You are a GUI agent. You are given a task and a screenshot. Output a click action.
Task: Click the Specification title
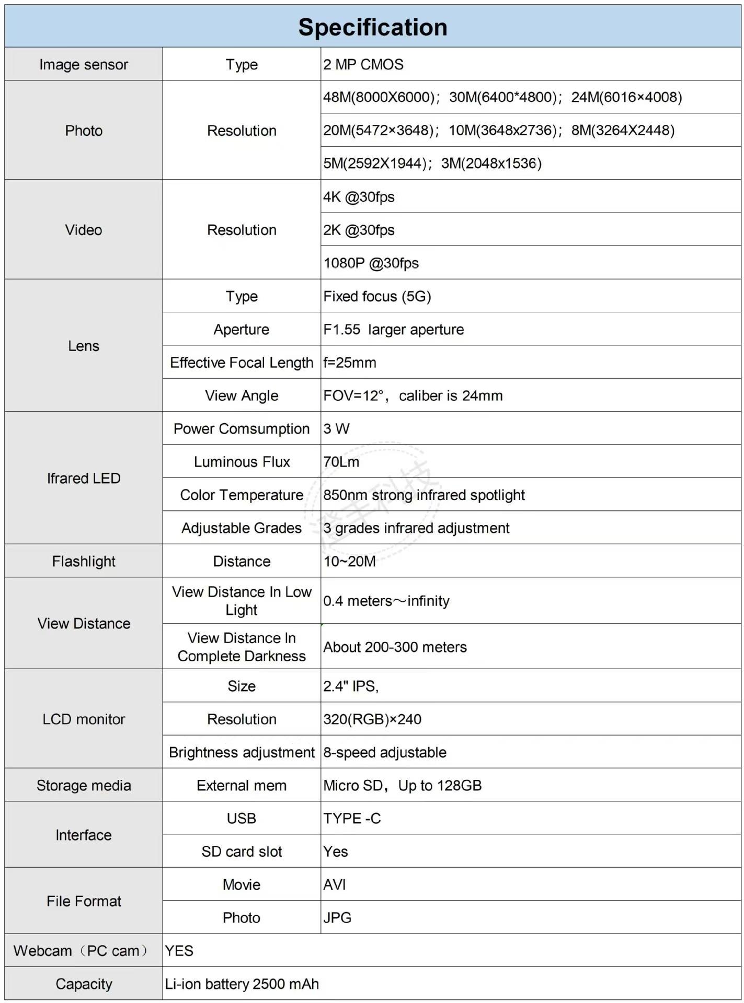[x=372, y=27]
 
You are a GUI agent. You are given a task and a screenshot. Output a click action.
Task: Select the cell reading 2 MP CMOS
[x=363, y=64]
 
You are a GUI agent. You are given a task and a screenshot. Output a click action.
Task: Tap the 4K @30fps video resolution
[x=359, y=197]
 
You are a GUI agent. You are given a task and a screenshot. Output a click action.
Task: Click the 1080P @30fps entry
[x=371, y=263]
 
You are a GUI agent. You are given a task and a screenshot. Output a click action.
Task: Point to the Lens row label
[x=84, y=346]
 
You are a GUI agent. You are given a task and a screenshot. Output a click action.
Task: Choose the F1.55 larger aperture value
[x=393, y=330]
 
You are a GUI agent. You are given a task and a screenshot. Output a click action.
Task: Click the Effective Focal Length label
[x=242, y=363]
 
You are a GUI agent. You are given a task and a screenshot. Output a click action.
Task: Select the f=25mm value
[x=349, y=363]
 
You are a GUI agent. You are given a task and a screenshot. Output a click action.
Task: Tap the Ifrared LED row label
[x=84, y=478]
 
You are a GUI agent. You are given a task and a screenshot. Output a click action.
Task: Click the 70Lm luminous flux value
[x=341, y=462]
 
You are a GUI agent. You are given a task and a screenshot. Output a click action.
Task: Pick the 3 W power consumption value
[x=336, y=429]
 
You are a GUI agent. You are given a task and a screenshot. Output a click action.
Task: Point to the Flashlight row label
[x=84, y=561]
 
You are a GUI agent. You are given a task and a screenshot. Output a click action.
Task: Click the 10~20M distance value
[x=349, y=561]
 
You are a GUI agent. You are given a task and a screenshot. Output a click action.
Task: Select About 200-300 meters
[x=395, y=647]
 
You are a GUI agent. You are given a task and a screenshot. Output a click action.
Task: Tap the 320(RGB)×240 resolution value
[x=372, y=719]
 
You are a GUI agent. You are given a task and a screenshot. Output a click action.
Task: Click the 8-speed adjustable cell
[x=384, y=752]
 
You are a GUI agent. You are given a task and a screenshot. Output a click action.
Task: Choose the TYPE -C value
[x=352, y=818]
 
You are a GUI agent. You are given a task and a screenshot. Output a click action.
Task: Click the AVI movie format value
[x=334, y=884]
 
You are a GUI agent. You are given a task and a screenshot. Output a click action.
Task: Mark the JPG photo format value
[x=337, y=917]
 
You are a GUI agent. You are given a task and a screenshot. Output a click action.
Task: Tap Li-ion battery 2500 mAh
[x=242, y=984]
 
